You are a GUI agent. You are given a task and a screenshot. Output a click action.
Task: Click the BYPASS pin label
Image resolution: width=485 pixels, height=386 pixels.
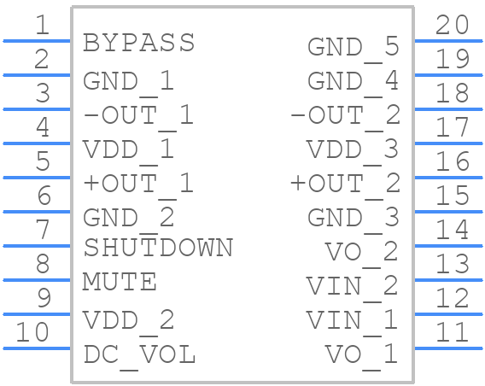tap(139, 43)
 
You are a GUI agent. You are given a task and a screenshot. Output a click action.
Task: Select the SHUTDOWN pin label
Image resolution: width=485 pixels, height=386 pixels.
tap(158, 248)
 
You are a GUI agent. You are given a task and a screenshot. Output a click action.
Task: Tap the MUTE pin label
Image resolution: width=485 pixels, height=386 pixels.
tap(120, 282)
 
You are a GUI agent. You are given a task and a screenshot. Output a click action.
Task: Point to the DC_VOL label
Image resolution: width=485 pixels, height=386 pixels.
tap(139, 356)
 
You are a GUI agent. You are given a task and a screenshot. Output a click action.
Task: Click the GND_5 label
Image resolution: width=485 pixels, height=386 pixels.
tap(353, 49)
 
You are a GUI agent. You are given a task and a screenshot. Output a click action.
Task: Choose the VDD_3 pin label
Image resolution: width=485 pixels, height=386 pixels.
tap(353, 151)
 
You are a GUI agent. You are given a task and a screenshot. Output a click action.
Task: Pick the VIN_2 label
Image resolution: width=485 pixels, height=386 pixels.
tap(353, 288)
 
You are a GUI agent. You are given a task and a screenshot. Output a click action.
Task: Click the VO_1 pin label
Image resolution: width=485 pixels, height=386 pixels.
tap(361, 356)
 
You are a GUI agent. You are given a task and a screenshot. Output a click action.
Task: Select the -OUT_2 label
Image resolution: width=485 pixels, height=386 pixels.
tap(346, 117)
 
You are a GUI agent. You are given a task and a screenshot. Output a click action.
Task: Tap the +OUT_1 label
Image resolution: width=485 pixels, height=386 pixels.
tap(138, 185)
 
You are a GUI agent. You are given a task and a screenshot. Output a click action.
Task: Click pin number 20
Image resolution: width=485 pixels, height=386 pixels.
tap(453, 25)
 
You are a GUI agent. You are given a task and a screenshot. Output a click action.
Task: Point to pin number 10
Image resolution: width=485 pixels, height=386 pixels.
tap(32, 332)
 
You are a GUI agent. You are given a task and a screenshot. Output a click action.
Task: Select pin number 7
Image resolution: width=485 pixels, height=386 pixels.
tap(43, 229)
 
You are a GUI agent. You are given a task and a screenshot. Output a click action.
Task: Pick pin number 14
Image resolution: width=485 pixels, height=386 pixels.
tap(453, 229)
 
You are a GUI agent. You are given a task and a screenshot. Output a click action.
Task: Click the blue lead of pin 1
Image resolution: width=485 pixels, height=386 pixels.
tap(37, 41)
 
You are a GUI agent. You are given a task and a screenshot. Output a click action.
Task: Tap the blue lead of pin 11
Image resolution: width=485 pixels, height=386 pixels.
tap(448, 348)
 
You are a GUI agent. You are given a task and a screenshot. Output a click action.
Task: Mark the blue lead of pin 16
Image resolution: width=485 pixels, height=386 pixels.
tap(448, 178)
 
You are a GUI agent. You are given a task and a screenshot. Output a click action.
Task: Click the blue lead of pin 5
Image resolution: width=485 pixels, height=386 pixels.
tap(37, 178)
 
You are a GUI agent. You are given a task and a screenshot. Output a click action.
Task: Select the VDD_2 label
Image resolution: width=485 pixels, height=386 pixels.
tap(129, 322)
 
